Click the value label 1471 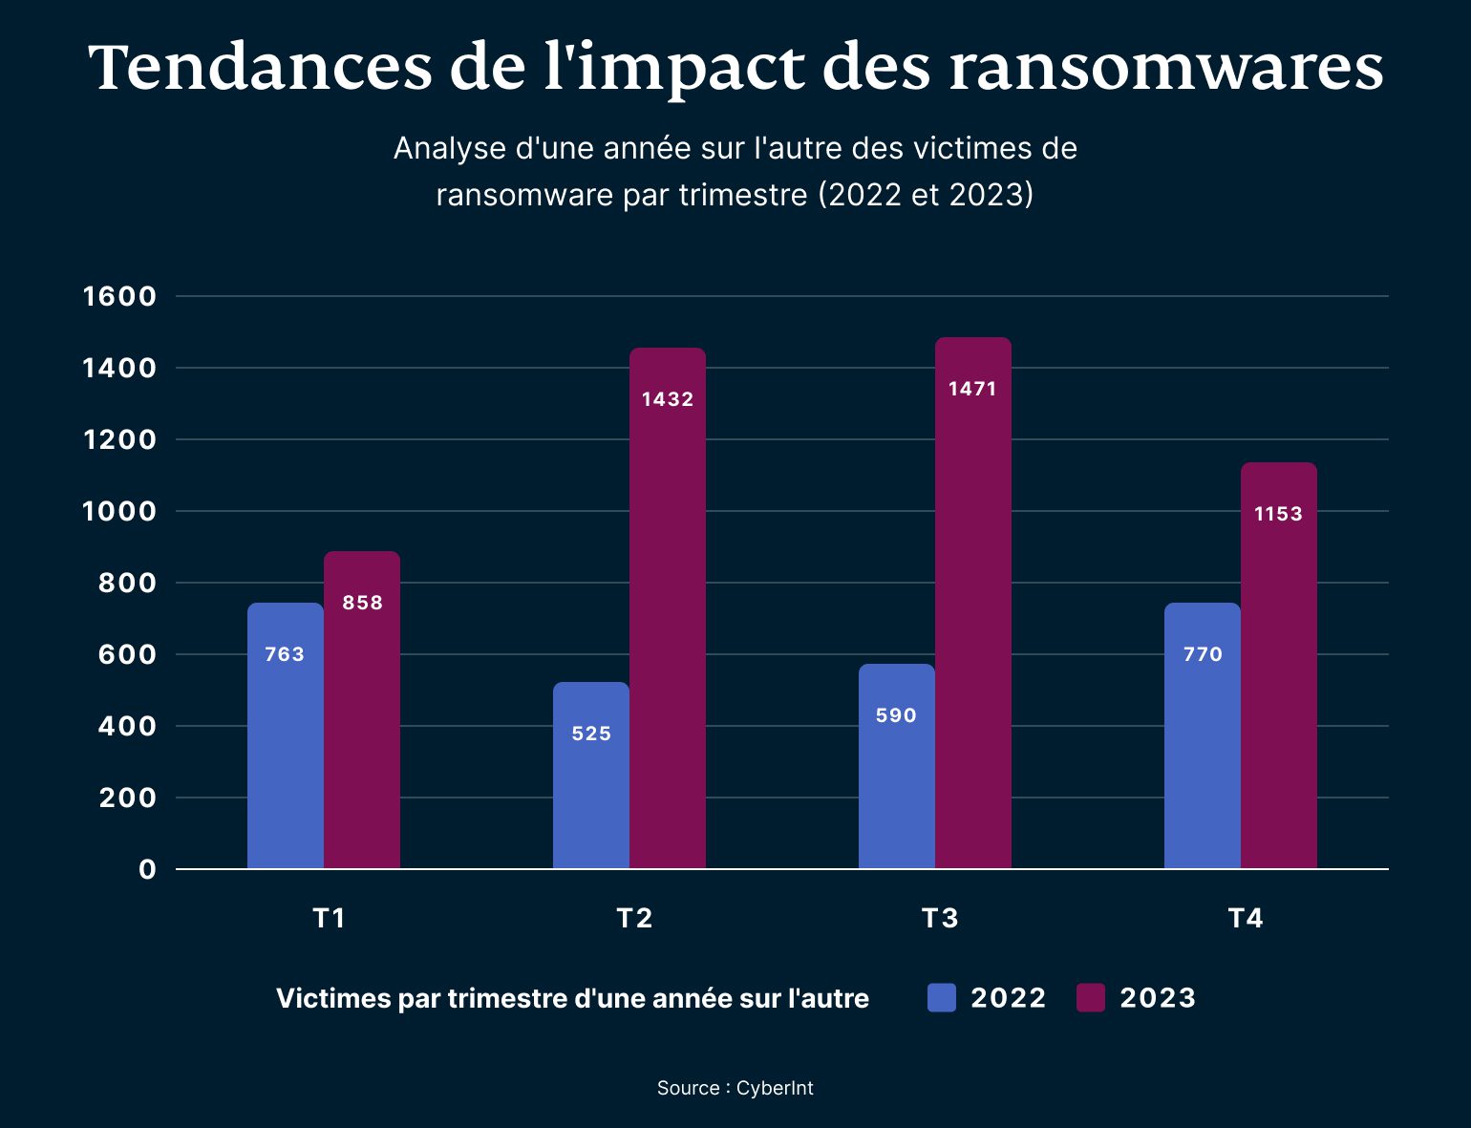972,389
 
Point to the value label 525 591,734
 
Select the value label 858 362,603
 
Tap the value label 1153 1278,514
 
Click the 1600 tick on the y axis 119,296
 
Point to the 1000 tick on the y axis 119,511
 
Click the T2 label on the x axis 634,918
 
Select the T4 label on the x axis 1246,918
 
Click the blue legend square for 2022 941,997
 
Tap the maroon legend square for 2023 1090,997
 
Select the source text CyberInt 775,1088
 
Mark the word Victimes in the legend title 333,998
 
